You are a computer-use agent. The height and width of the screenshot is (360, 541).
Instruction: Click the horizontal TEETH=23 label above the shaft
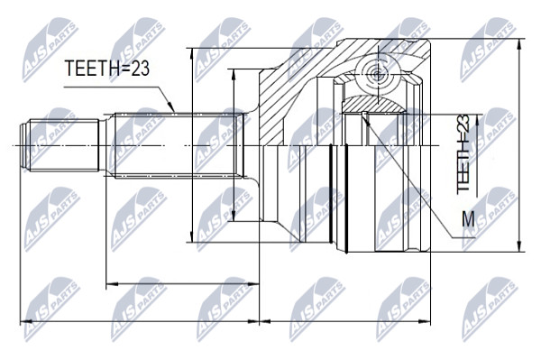click(107, 68)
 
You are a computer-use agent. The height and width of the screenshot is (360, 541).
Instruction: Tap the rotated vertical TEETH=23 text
click(463, 153)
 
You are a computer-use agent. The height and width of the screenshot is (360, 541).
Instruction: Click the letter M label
click(468, 219)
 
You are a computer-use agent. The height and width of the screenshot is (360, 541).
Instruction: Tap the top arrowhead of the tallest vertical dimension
click(519, 44)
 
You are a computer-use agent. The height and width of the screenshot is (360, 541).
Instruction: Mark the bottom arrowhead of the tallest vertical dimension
click(519, 246)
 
